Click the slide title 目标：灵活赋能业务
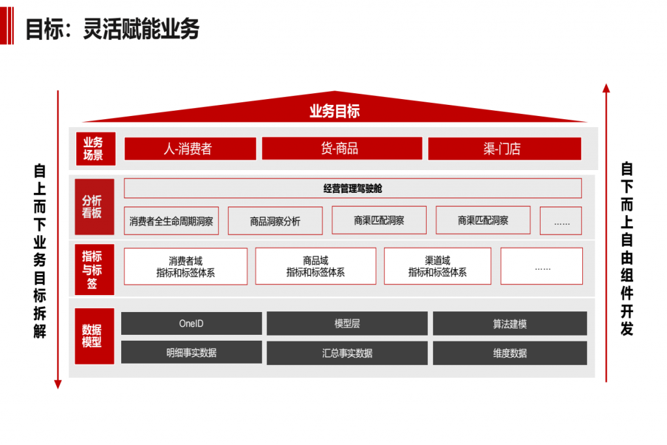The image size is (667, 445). pyautogui.click(x=112, y=29)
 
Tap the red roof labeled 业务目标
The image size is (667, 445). pyautogui.click(x=334, y=111)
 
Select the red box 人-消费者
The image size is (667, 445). pyautogui.click(x=190, y=149)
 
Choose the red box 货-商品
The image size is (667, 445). pyautogui.click(x=339, y=149)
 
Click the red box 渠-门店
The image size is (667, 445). pyautogui.click(x=504, y=149)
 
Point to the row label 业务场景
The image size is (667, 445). pyautogui.click(x=93, y=149)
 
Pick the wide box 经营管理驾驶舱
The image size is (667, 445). pyautogui.click(x=352, y=188)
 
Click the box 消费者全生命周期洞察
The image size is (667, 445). pyautogui.click(x=171, y=221)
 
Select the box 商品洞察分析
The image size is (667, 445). pyautogui.click(x=276, y=222)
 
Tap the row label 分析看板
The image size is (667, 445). pyautogui.click(x=93, y=207)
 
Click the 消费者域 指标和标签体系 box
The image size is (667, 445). pyautogui.click(x=186, y=266)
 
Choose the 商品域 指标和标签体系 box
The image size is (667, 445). pyautogui.click(x=315, y=266)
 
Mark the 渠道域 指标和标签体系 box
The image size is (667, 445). pyautogui.click(x=438, y=266)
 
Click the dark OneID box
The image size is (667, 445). pyautogui.click(x=192, y=324)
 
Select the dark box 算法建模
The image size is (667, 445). pyautogui.click(x=509, y=324)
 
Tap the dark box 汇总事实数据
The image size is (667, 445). pyautogui.click(x=347, y=353)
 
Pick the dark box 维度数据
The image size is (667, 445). pyautogui.click(x=509, y=353)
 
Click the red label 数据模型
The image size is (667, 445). pyautogui.click(x=93, y=336)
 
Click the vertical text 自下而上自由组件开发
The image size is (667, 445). pyautogui.click(x=627, y=248)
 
